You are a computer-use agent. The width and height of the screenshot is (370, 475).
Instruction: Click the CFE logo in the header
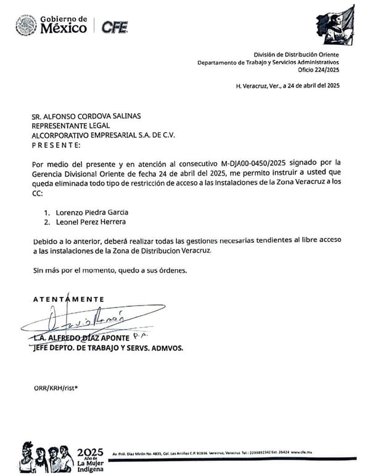(x=115, y=26)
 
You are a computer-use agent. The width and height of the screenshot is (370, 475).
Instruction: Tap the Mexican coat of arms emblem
(x=26, y=26)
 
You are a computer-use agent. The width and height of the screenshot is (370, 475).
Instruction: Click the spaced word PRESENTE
(x=55, y=145)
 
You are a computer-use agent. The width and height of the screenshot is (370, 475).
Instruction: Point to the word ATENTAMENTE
(x=68, y=299)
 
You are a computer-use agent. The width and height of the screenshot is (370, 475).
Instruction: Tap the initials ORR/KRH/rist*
(x=56, y=388)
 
